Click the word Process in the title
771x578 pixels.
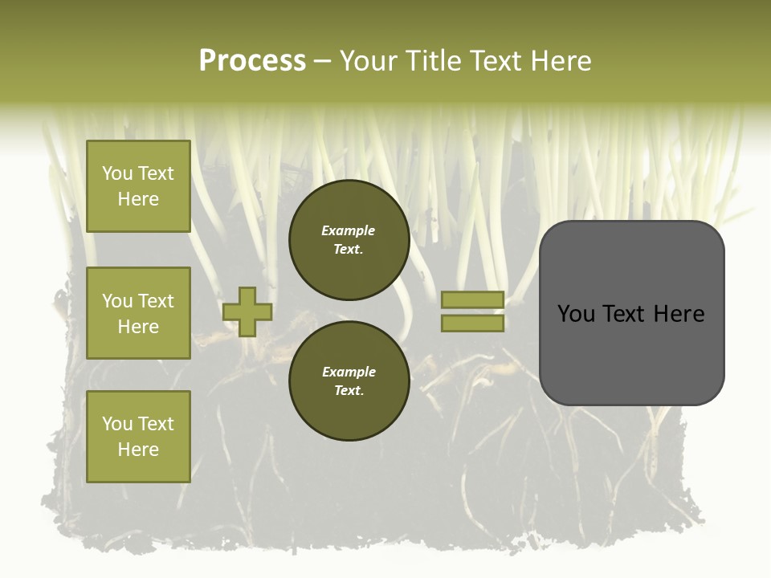252,61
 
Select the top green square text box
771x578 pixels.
138,186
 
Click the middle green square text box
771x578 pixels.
138,313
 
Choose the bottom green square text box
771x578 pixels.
138,437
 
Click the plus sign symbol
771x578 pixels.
247,312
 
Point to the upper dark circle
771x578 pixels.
349,240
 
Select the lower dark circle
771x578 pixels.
349,381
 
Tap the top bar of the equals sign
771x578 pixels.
472,300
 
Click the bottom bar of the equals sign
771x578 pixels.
472,324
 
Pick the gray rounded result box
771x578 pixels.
631,313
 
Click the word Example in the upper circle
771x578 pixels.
349,231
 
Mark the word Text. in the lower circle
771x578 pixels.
349,391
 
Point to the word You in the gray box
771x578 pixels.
577,314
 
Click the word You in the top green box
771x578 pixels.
116,173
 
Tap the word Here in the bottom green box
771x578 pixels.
138,450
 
